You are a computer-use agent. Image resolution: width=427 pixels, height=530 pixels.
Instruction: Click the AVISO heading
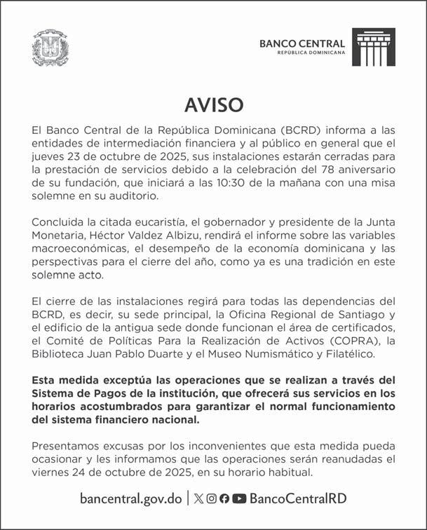pyautogui.click(x=214, y=105)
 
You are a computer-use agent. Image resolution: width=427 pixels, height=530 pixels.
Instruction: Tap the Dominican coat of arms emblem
pyautogui.click(x=50, y=48)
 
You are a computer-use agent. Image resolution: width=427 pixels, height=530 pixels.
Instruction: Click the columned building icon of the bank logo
pyautogui.click(x=373, y=47)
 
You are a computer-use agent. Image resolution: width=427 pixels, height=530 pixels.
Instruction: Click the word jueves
pyautogui.click(x=49, y=158)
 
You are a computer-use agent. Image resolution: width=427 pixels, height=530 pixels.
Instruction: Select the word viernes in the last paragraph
pyautogui.click(x=50, y=472)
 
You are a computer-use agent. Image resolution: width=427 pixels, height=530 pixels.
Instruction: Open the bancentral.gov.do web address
pyautogui.click(x=131, y=498)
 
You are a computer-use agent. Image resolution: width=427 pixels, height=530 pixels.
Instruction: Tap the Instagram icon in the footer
pyautogui.click(x=211, y=498)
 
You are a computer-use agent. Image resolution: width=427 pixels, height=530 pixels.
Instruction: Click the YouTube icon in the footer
pyautogui.click(x=239, y=498)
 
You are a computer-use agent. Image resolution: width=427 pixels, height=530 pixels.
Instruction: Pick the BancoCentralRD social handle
pyautogui.click(x=297, y=498)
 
